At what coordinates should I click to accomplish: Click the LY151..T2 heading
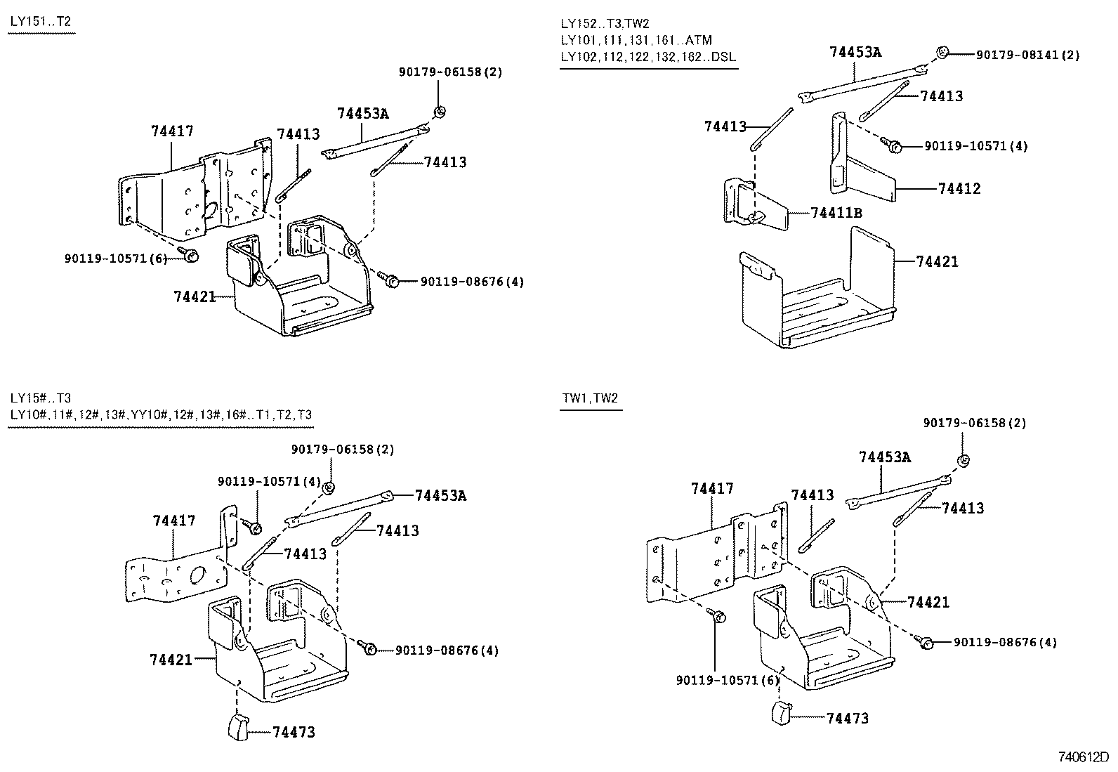coord(40,22)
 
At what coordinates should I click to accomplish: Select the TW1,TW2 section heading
coord(590,398)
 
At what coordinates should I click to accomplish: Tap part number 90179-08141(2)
coord(1027,54)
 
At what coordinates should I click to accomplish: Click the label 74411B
coord(836,212)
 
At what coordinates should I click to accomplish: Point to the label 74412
coord(959,188)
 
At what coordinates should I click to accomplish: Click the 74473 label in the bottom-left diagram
coord(294,732)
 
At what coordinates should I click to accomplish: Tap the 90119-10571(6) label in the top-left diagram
coord(115,259)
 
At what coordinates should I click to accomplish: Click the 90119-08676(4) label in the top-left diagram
coord(472,282)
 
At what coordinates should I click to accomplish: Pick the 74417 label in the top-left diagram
coord(172,131)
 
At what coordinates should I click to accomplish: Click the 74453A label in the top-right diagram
coord(855,51)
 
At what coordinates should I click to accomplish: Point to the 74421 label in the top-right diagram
coord(937,261)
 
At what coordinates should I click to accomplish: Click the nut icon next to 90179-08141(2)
coord(943,51)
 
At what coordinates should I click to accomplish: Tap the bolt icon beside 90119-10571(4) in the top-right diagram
coord(895,146)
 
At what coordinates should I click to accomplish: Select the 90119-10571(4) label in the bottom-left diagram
coord(269,481)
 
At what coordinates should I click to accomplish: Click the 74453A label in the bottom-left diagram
coord(440,495)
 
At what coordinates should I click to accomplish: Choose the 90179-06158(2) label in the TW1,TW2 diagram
coord(974,423)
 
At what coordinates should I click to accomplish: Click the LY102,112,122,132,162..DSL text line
coord(648,57)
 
